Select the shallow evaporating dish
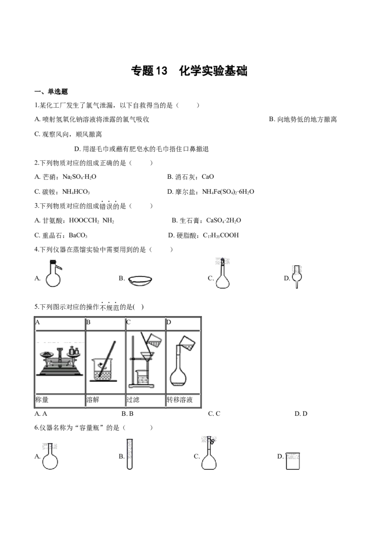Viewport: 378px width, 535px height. coord(140,280)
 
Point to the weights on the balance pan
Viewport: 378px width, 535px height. coord(73,350)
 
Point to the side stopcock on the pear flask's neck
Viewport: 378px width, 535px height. coord(213,442)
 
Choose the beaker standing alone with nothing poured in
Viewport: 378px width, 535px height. coord(293,461)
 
